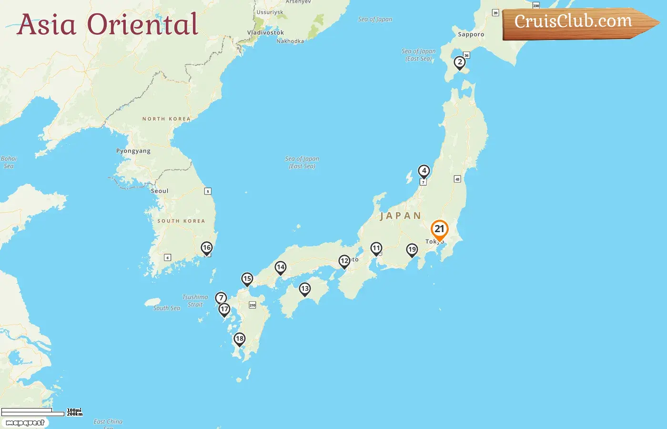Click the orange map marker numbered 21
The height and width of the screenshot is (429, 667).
(x=439, y=230)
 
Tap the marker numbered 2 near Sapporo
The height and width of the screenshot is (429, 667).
(x=460, y=62)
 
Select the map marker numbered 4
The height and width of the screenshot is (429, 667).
(x=424, y=171)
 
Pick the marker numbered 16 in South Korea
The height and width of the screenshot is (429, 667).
(x=206, y=248)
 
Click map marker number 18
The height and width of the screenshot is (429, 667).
(x=240, y=339)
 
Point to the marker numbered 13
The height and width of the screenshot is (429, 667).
(x=305, y=289)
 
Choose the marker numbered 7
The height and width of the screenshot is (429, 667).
(x=221, y=298)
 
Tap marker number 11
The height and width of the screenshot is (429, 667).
(x=376, y=248)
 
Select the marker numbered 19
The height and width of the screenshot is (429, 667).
(x=412, y=250)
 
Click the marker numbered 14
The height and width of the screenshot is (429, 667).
(x=281, y=267)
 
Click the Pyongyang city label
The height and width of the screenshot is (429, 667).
(x=133, y=151)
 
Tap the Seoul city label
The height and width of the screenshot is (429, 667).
(x=160, y=191)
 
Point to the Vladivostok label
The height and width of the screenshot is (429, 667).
(x=265, y=32)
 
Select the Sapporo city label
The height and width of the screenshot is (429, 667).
(x=471, y=34)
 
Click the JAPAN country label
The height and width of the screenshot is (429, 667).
(x=400, y=216)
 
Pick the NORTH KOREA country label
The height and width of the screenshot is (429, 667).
(x=166, y=119)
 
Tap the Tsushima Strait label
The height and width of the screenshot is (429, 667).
(x=195, y=301)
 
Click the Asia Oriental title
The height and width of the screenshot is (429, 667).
(x=108, y=25)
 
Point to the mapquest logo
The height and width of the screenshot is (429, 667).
(x=25, y=423)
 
